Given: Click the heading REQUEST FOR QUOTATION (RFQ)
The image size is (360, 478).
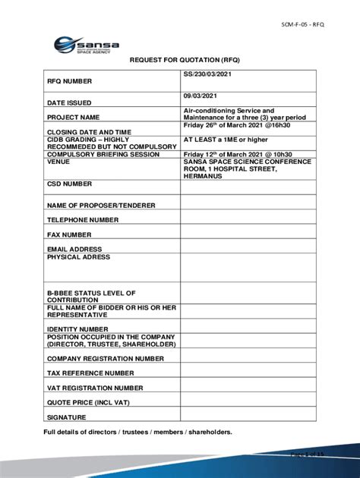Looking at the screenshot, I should tap(180, 62).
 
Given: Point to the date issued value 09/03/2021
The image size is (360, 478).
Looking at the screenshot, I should tap(200, 96).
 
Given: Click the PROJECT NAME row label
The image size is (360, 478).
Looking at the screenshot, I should tap(74, 118).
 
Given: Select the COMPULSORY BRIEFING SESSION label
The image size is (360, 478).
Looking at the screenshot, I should tap(103, 154).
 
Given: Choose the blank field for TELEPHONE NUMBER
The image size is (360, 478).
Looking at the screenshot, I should tap(248, 219).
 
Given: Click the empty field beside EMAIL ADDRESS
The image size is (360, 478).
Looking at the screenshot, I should tap(248, 249).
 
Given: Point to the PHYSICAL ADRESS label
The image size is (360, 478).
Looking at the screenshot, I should tap(79, 257).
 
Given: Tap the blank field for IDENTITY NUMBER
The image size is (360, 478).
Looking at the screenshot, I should tap(248, 329).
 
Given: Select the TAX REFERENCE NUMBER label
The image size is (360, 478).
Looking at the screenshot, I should tap(90, 373).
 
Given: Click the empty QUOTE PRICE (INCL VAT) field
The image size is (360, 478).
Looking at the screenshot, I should tap(248, 402).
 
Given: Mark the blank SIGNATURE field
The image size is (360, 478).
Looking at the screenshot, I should tap(248, 417).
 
